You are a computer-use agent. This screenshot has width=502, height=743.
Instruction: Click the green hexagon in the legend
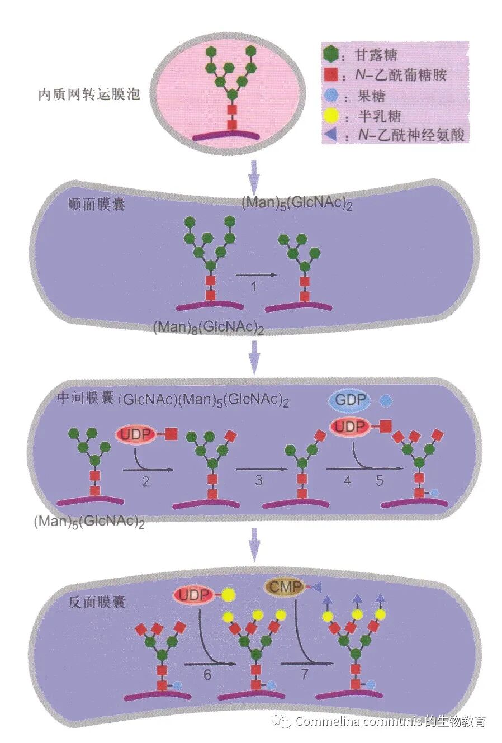(x=331, y=54)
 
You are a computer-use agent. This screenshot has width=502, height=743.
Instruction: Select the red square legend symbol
(x=331, y=74)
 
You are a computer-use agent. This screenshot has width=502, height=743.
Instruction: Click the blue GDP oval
(x=350, y=400)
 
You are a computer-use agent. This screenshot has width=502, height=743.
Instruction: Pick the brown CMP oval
(x=285, y=587)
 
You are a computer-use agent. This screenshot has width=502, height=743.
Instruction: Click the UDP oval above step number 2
(x=137, y=434)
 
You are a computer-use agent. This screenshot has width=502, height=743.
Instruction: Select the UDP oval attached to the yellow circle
(x=193, y=595)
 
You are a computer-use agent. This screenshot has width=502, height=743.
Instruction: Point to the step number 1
(x=254, y=287)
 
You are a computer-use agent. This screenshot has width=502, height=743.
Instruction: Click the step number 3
(x=258, y=480)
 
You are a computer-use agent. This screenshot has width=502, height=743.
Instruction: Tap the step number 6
(x=207, y=675)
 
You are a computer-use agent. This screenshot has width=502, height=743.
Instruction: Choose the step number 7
(x=304, y=675)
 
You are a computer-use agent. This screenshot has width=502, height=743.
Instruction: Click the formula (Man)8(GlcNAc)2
(x=208, y=328)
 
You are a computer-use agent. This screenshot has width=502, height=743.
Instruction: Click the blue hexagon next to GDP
(x=385, y=400)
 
